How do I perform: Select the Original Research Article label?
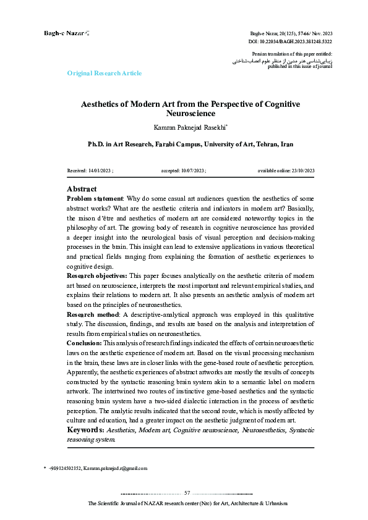coord(104,73)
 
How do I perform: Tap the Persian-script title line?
coord(281,61)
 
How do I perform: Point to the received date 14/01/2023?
coord(102,170)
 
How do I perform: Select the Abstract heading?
coord(82,189)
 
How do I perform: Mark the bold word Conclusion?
coord(83,343)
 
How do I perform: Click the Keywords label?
coord(85,430)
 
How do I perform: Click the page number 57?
coord(187,492)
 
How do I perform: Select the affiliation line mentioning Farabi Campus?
coord(182,144)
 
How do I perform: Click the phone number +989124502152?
coord(64,468)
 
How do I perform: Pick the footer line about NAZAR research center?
coord(187,504)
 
